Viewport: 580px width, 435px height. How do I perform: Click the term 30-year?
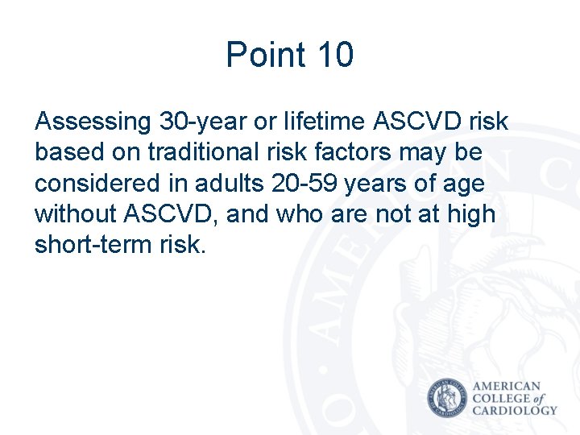(198, 122)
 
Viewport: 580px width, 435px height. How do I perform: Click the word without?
(77, 214)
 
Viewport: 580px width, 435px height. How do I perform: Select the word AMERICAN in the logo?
(507, 386)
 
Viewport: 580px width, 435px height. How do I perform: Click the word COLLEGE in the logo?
(501, 398)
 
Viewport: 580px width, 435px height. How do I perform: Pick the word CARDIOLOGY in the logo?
(515, 410)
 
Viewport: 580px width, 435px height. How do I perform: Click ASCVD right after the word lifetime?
(417, 122)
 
